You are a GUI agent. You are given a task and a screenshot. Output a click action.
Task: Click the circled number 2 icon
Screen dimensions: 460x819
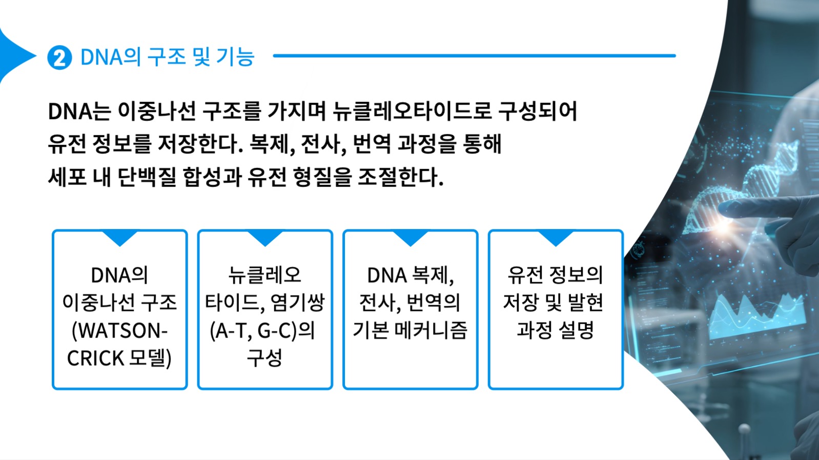pos(59,57)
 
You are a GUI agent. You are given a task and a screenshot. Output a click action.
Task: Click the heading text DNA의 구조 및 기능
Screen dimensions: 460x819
pos(167,57)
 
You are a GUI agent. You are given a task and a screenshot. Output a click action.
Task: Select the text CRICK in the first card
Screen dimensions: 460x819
pos(95,359)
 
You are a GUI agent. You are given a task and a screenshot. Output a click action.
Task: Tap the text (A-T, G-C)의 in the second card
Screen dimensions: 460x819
pos(262,331)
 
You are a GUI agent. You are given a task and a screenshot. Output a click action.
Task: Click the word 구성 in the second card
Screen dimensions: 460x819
pos(264,358)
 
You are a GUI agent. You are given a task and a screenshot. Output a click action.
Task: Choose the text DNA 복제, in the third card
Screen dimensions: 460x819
pos(410,275)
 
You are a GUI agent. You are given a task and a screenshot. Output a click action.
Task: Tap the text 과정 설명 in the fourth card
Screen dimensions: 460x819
pos(555,330)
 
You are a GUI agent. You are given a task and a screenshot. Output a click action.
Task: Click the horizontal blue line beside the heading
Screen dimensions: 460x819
pos(474,55)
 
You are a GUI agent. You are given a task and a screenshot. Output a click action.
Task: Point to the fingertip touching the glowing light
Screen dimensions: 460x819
pos(725,209)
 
